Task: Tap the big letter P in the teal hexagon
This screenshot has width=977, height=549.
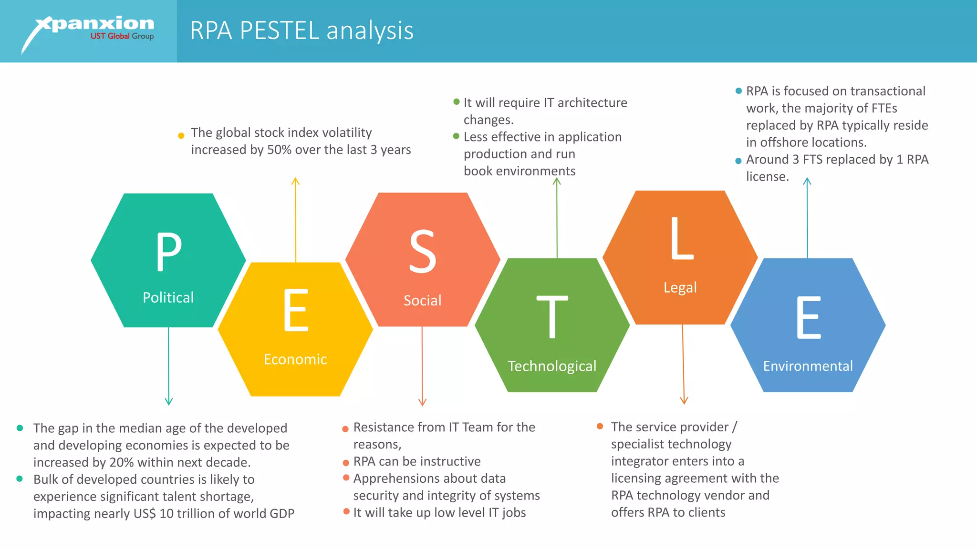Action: click(x=169, y=252)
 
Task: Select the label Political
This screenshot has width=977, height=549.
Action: click(x=168, y=297)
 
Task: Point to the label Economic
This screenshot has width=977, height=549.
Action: click(x=295, y=359)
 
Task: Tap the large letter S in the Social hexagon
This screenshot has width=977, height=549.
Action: click(x=423, y=252)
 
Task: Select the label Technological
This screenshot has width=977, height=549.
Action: click(x=552, y=366)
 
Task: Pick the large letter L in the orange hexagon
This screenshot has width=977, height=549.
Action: click(x=681, y=238)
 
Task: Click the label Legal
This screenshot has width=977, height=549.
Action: click(x=680, y=287)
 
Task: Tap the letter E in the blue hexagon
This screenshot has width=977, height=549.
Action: click(x=808, y=317)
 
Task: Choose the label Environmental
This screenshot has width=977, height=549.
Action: click(x=808, y=366)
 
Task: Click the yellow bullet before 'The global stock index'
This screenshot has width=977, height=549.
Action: click(x=181, y=136)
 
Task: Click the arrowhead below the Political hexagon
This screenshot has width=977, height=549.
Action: click(x=168, y=401)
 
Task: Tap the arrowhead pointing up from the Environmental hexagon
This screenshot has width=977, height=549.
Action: click(x=807, y=181)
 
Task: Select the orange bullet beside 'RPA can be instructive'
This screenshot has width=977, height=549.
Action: click(x=346, y=463)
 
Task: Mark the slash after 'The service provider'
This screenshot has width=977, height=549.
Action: click(x=735, y=427)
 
